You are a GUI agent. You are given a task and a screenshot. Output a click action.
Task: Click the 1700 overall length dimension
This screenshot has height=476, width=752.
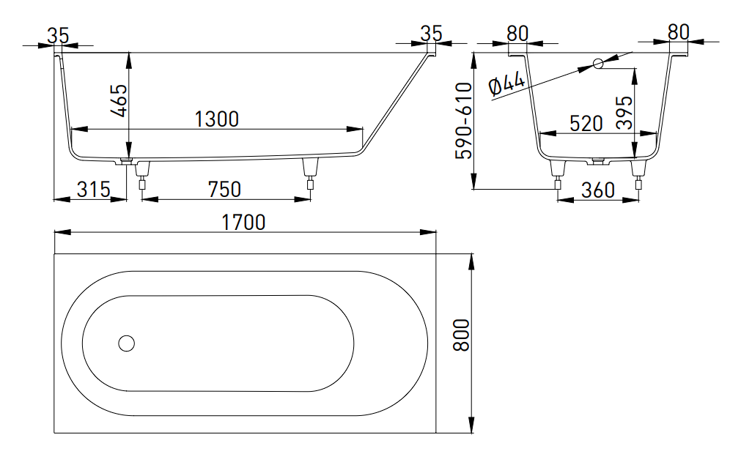[243, 223]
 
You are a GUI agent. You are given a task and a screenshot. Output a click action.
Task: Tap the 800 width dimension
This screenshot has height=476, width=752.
[461, 335]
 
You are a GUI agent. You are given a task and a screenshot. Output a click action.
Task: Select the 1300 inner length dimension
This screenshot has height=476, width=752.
[217, 119]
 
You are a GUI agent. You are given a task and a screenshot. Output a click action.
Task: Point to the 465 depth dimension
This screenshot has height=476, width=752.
[119, 100]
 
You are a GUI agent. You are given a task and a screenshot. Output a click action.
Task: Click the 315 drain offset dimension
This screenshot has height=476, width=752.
[94, 190]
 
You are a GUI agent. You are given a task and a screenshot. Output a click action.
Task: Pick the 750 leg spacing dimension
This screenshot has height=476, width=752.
[224, 190]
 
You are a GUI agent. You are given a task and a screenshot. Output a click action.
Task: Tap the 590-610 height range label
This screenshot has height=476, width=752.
[464, 121]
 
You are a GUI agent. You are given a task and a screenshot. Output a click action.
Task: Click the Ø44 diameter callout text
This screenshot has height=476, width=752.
[506, 84]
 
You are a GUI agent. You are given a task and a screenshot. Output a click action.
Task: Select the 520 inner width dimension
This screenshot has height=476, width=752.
[586, 124]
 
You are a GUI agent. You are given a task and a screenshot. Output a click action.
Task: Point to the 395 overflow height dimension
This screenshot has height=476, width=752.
[624, 113]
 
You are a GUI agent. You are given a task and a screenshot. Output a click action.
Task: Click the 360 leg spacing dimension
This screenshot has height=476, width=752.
[597, 190]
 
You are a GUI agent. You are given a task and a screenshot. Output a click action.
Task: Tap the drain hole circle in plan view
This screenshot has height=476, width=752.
[127, 343]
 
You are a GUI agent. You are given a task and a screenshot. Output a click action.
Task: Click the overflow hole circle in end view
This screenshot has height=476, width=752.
[598, 63]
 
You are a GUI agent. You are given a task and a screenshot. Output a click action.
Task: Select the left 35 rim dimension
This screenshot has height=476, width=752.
[59, 35]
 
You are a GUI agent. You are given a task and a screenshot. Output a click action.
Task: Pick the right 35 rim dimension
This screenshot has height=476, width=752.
[431, 34]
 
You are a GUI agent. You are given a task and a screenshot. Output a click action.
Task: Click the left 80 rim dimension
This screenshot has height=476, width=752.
[517, 34]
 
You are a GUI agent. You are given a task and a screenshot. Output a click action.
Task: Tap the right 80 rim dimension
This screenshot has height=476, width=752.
[679, 32]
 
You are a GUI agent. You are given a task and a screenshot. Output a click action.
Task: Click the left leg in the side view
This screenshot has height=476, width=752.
[142, 176]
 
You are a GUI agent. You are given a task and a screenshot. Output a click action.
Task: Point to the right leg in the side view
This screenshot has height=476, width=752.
[310, 174]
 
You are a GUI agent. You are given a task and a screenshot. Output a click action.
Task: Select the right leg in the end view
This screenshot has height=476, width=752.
[638, 176]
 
